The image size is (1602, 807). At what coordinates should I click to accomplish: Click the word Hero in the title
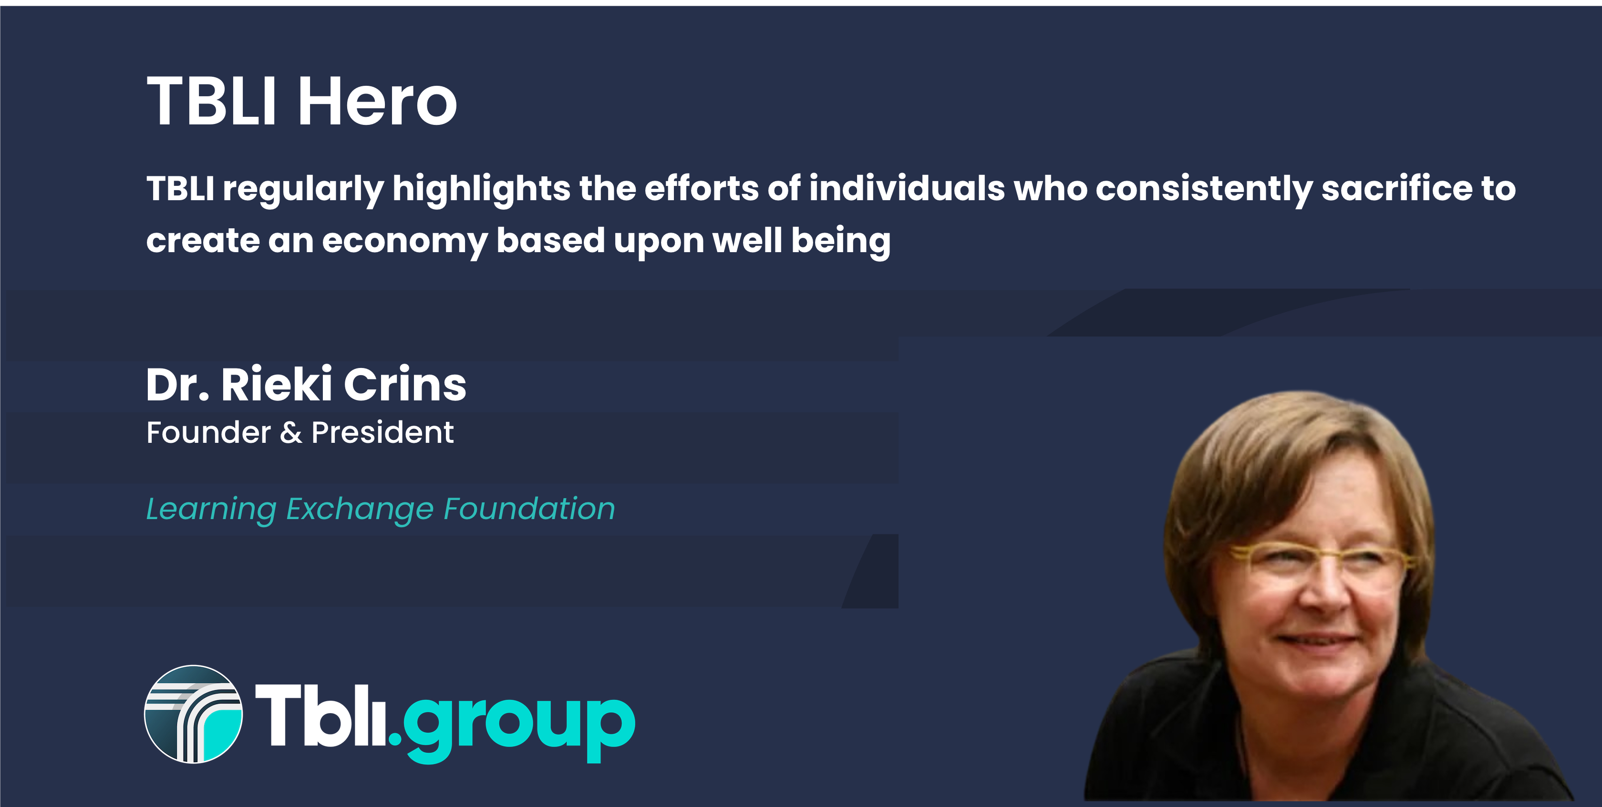coord(378,101)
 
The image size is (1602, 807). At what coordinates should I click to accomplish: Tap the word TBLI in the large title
coord(211,101)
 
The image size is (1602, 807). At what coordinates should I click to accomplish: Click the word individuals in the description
coord(907,188)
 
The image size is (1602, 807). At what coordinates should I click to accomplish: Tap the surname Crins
coord(405,384)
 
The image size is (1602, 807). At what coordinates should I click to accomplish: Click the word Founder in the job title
coord(209,432)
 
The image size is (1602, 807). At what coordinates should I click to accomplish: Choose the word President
coord(382,432)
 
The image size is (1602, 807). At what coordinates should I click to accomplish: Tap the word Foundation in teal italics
coord(529,509)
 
